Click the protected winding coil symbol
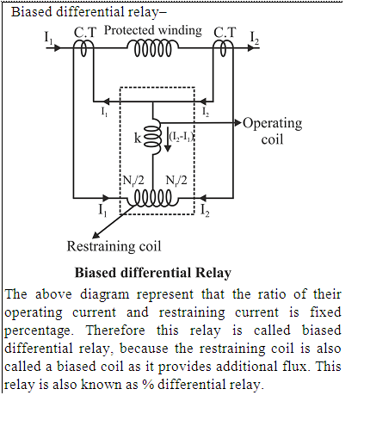click(x=153, y=48)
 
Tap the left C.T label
click(x=85, y=33)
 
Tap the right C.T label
click(x=225, y=33)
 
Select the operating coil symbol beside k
click(x=152, y=137)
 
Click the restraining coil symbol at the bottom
click(x=153, y=198)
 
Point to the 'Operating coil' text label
click(x=273, y=132)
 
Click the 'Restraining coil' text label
click(x=114, y=246)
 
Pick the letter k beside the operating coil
click(x=138, y=139)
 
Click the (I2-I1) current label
click(x=182, y=136)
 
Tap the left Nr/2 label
click(x=133, y=181)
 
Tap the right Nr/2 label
click(x=176, y=181)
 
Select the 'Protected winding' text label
click(x=153, y=30)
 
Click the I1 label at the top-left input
click(x=48, y=37)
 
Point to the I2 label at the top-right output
click(x=255, y=38)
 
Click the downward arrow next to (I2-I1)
click(x=168, y=139)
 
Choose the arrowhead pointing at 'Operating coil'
click(x=238, y=123)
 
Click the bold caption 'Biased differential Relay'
click(x=153, y=273)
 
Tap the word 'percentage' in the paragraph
click(x=39, y=330)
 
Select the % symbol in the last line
click(x=148, y=385)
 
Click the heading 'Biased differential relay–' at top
click(x=89, y=12)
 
